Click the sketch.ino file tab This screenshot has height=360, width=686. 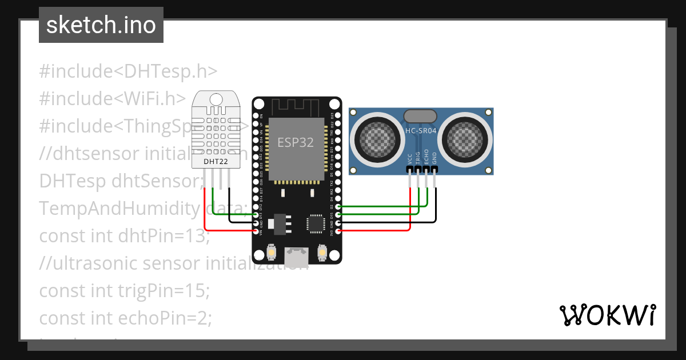tap(101, 25)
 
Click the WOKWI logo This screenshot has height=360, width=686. tap(607, 315)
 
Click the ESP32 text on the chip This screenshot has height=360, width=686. tap(295, 143)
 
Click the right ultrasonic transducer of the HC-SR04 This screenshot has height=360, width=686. tap(467, 138)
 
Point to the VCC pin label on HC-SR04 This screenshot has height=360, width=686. tap(410, 158)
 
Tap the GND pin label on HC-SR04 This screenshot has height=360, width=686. tap(434, 158)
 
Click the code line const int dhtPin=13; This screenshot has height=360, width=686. tap(125, 235)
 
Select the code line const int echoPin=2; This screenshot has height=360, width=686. tap(125, 318)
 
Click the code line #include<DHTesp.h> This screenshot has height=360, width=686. tap(128, 71)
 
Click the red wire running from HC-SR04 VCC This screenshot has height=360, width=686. tap(410, 206)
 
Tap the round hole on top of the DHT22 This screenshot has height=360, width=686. tap(216, 99)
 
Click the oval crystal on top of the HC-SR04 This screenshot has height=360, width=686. tap(421, 117)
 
